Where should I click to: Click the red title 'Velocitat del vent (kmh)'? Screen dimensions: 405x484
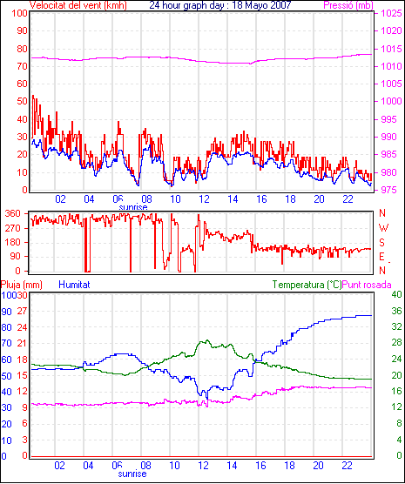pos(78,5)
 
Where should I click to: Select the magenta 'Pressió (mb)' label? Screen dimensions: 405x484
pos(348,5)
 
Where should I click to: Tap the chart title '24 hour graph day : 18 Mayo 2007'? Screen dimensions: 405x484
pos(220,5)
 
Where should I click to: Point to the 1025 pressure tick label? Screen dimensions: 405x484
pos(391,13)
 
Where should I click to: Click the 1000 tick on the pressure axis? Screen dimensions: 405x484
pos(391,101)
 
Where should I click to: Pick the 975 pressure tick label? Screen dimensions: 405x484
pos(389,190)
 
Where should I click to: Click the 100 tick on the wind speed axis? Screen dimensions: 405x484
pos(20,13)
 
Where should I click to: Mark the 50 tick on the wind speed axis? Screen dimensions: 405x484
pos(23,101)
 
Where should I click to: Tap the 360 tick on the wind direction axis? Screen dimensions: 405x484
pos(13,213)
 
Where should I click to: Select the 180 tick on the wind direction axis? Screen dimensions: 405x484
pos(13,242)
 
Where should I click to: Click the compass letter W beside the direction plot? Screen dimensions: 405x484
pos(383,228)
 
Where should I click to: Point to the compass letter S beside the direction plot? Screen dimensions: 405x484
pos(381,243)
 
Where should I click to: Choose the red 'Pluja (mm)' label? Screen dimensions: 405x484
pos(22,285)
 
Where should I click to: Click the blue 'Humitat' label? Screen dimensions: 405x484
pos(74,285)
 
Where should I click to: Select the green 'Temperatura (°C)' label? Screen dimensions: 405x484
pos(307,285)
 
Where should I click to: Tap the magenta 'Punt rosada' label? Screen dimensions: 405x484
pos(367,285)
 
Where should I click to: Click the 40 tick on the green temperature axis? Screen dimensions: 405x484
pos(396,294)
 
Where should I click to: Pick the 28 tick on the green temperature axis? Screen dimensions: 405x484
pos(396,343)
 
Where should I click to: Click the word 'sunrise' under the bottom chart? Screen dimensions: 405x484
pos(132,474)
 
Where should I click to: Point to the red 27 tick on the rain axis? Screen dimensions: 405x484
pos(22,311)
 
